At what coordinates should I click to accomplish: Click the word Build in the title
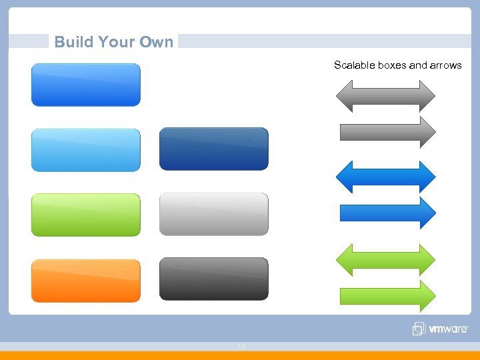pyautogui.click(x=73, y=42)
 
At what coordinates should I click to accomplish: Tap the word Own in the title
pyautogui.click(x=157, y=42)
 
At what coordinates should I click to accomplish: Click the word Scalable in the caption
pyautogui.click(x=355, y=65)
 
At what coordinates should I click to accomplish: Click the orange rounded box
pyautogui.click(x=86, y=280)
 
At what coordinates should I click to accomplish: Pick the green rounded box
pyautogui.click(x=86, y=215)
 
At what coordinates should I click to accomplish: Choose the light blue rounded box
pyautogui.click(x=86, y=150)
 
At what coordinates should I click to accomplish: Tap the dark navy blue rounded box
pyautogui.click(x=213, y=149)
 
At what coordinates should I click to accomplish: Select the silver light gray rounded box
pyautogui.click(x=213, y=214)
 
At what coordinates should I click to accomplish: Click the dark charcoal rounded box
pyautogui.click(x=213, y=279)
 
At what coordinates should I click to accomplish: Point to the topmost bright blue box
pyautogui.click(x=86, y=85)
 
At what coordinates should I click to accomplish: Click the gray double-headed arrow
pyautogui.click(x=385, y=96)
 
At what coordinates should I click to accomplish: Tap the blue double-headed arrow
pyautogui.click(x=385, y=177)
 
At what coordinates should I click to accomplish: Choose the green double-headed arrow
pyautogui.click(x=385, y=260)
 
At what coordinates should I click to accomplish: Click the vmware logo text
pyautogui.click(x=448, y=329)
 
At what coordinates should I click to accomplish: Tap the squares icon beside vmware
pyautogui.click(x=419, y=329)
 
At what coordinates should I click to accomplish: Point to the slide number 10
pyautogui.click(x=241, y=346)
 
